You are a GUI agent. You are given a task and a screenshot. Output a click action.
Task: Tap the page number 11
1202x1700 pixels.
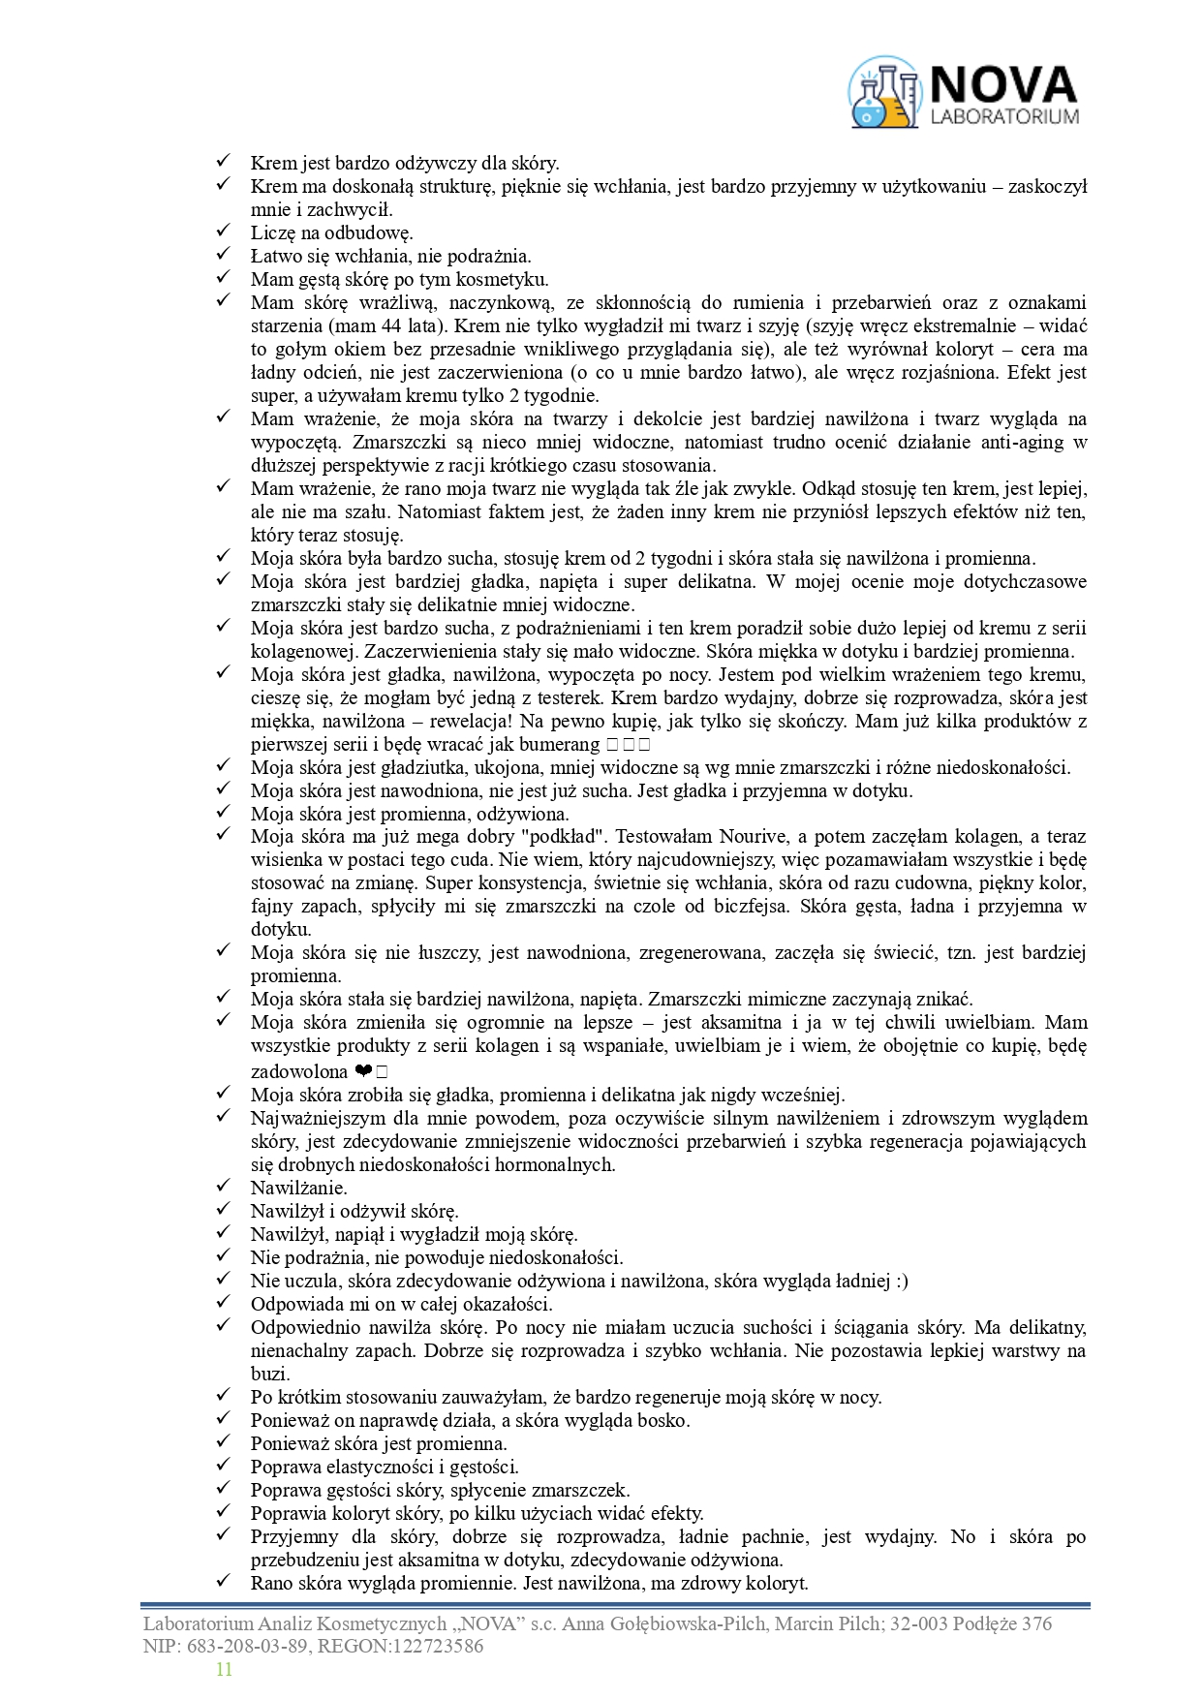(x=224, y=1669)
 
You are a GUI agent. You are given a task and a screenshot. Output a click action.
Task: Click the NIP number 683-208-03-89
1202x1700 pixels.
(x=245, y=1646)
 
